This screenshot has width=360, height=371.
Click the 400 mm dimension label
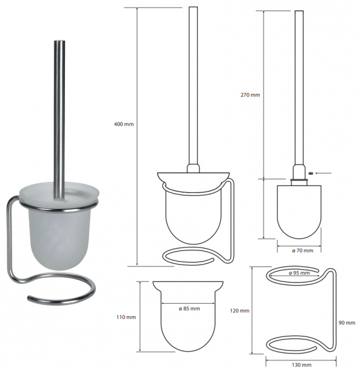(x=124, y=124)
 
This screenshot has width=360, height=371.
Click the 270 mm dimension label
(x=250, y=95)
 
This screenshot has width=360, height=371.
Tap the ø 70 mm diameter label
(x=302, y=250)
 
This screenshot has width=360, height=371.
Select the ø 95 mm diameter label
(x=299, y=273)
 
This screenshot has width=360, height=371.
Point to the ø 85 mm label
(x=189, y=309)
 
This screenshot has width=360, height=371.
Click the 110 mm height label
(x=126, y=317)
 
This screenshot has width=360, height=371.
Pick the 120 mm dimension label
(x=239, y=310)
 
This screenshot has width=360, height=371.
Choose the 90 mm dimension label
(x=347, y=323)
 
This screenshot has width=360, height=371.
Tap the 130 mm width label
(x=301, y=365)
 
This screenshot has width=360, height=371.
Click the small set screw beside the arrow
(x=311, y=173)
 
